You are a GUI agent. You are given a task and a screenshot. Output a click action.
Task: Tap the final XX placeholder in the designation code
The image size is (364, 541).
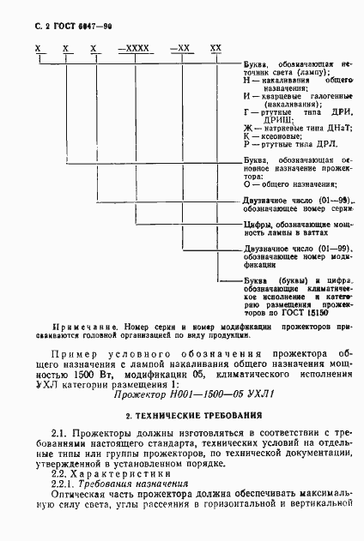pyautogui.click(x=215, y=49)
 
